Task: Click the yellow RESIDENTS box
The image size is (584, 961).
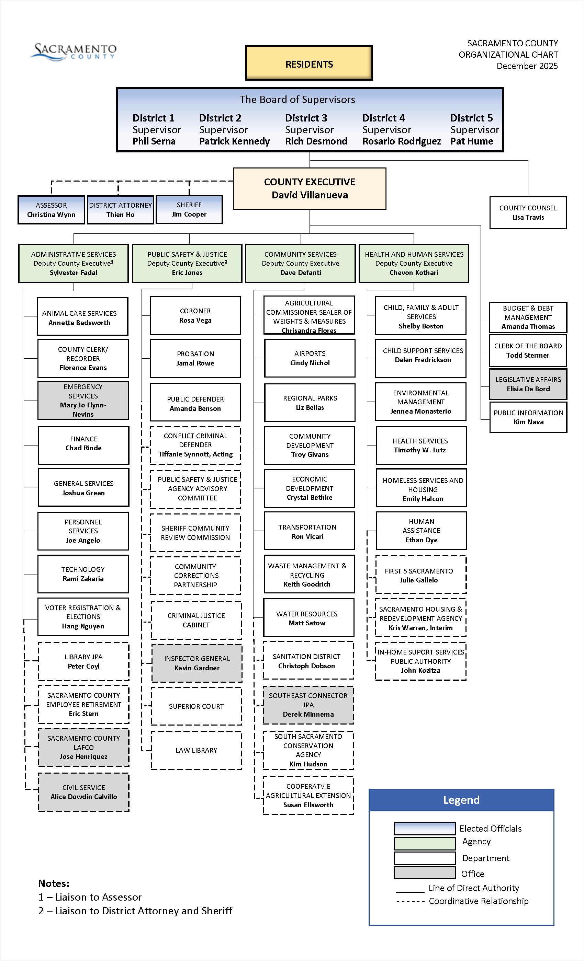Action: click(309, 63)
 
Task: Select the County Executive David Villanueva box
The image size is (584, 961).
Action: click(310, 188)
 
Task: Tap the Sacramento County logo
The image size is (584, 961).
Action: click(74, 51)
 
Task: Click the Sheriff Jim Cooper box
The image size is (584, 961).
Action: click(189, 209)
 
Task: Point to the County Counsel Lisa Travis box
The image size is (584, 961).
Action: click(528, 212)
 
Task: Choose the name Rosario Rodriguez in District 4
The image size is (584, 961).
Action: click(401, 141)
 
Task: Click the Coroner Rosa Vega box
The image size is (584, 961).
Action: click(195, 315)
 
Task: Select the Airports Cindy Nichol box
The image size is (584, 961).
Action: click(310, 358)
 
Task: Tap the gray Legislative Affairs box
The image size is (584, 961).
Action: click(528, 384)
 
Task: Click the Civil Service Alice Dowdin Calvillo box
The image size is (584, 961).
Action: click(83, 792)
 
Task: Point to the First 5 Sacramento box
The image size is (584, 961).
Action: click(420, 575)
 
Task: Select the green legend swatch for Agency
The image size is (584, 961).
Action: click(424, 844)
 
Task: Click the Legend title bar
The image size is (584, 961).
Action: click(461, 800)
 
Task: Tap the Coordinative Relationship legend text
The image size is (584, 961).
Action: click(478, 901)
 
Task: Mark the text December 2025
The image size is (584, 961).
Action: click(527, 66)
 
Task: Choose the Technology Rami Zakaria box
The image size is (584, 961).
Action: click(83, 574)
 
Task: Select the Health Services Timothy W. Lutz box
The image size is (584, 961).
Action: click(421, 445)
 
